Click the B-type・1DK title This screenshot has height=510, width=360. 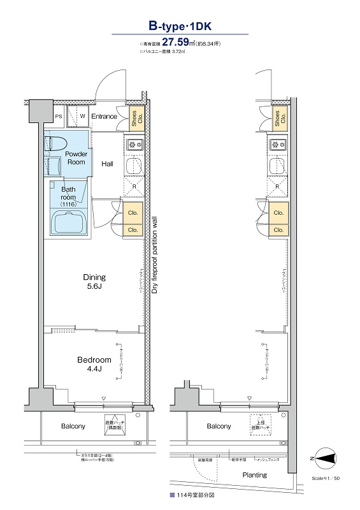click(180, 26)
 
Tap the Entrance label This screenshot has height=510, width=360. click(104, 117)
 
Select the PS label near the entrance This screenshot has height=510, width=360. click(58, 117)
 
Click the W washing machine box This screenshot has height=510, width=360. click(82, 117)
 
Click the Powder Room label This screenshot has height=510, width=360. click(76, 158)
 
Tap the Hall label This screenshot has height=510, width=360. click(108, 164)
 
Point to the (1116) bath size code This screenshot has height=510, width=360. click(68, 204)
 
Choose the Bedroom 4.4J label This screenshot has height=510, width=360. click(94, 365)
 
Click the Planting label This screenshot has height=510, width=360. click(254, 476)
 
